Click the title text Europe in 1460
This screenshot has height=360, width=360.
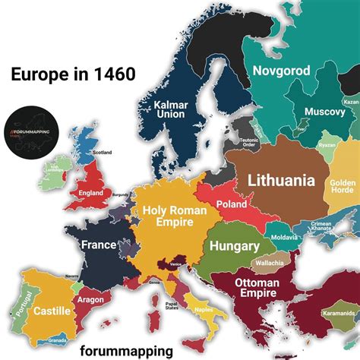73,74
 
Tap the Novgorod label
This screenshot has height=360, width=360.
281,71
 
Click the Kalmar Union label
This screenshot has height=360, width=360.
170,109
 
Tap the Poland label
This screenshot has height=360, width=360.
232,204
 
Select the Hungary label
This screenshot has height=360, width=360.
235,246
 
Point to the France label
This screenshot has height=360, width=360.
99,245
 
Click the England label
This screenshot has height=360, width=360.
91,193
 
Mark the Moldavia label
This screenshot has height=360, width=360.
283,238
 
